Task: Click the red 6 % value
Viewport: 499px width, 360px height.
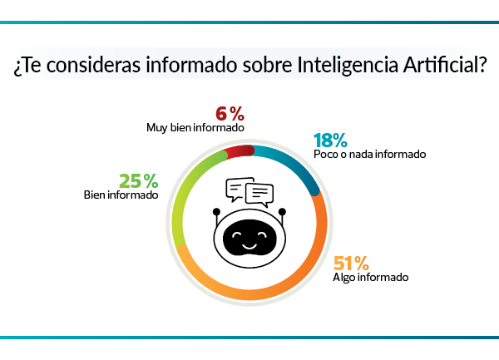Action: point(229,114)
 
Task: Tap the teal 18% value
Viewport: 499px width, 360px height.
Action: point(330,141)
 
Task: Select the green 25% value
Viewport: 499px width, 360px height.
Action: point(137,181)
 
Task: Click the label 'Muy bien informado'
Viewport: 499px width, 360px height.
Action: point(195,129)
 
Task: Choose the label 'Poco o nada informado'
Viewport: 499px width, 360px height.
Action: point(369,155)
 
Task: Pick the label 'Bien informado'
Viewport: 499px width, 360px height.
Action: point(121,196)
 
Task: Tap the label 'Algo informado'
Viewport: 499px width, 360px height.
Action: point(370,279)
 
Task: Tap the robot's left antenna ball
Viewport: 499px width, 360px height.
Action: point(215,211)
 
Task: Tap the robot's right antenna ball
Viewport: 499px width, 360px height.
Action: point(283,211)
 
